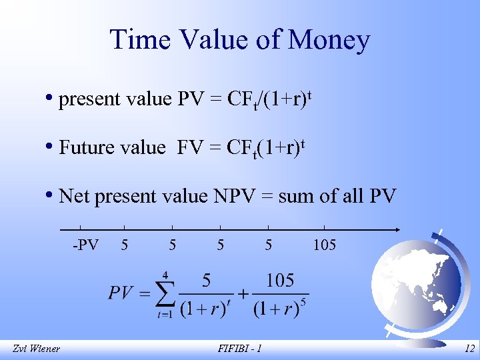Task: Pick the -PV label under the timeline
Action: coord(85,245)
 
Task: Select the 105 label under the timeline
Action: coord(324,245)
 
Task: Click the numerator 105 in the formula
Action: coord(280,280)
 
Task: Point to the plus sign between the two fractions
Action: coord(243,293)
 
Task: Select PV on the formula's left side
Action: coord(121,293)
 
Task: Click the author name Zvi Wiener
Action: coord(36,349)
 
